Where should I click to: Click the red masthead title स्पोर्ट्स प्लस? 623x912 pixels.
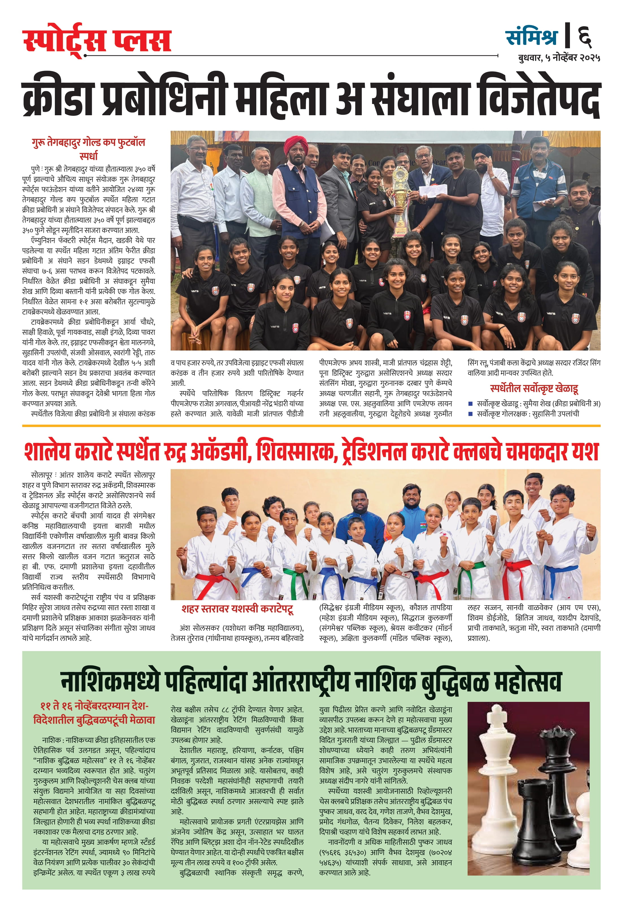(97, 40)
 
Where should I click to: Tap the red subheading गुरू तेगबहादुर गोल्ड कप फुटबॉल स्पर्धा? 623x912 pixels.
(89, 148)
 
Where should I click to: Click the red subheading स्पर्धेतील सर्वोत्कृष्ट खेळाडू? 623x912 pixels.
(534, 389)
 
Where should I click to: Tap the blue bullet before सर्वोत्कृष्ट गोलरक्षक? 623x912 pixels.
(470, 414)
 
